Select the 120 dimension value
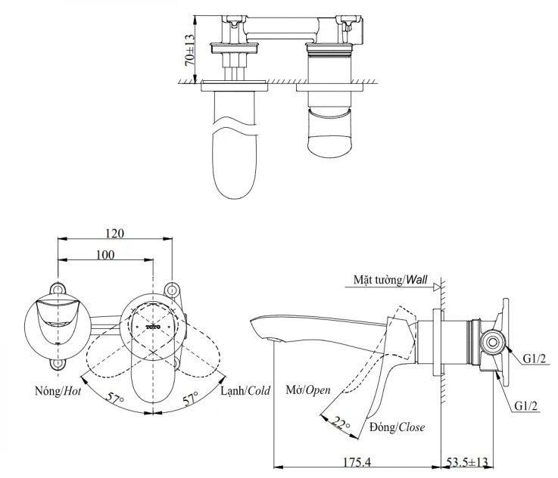[x=115, y=233]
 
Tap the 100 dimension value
[x=105, y=255]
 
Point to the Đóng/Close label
[x=397, y=427]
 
